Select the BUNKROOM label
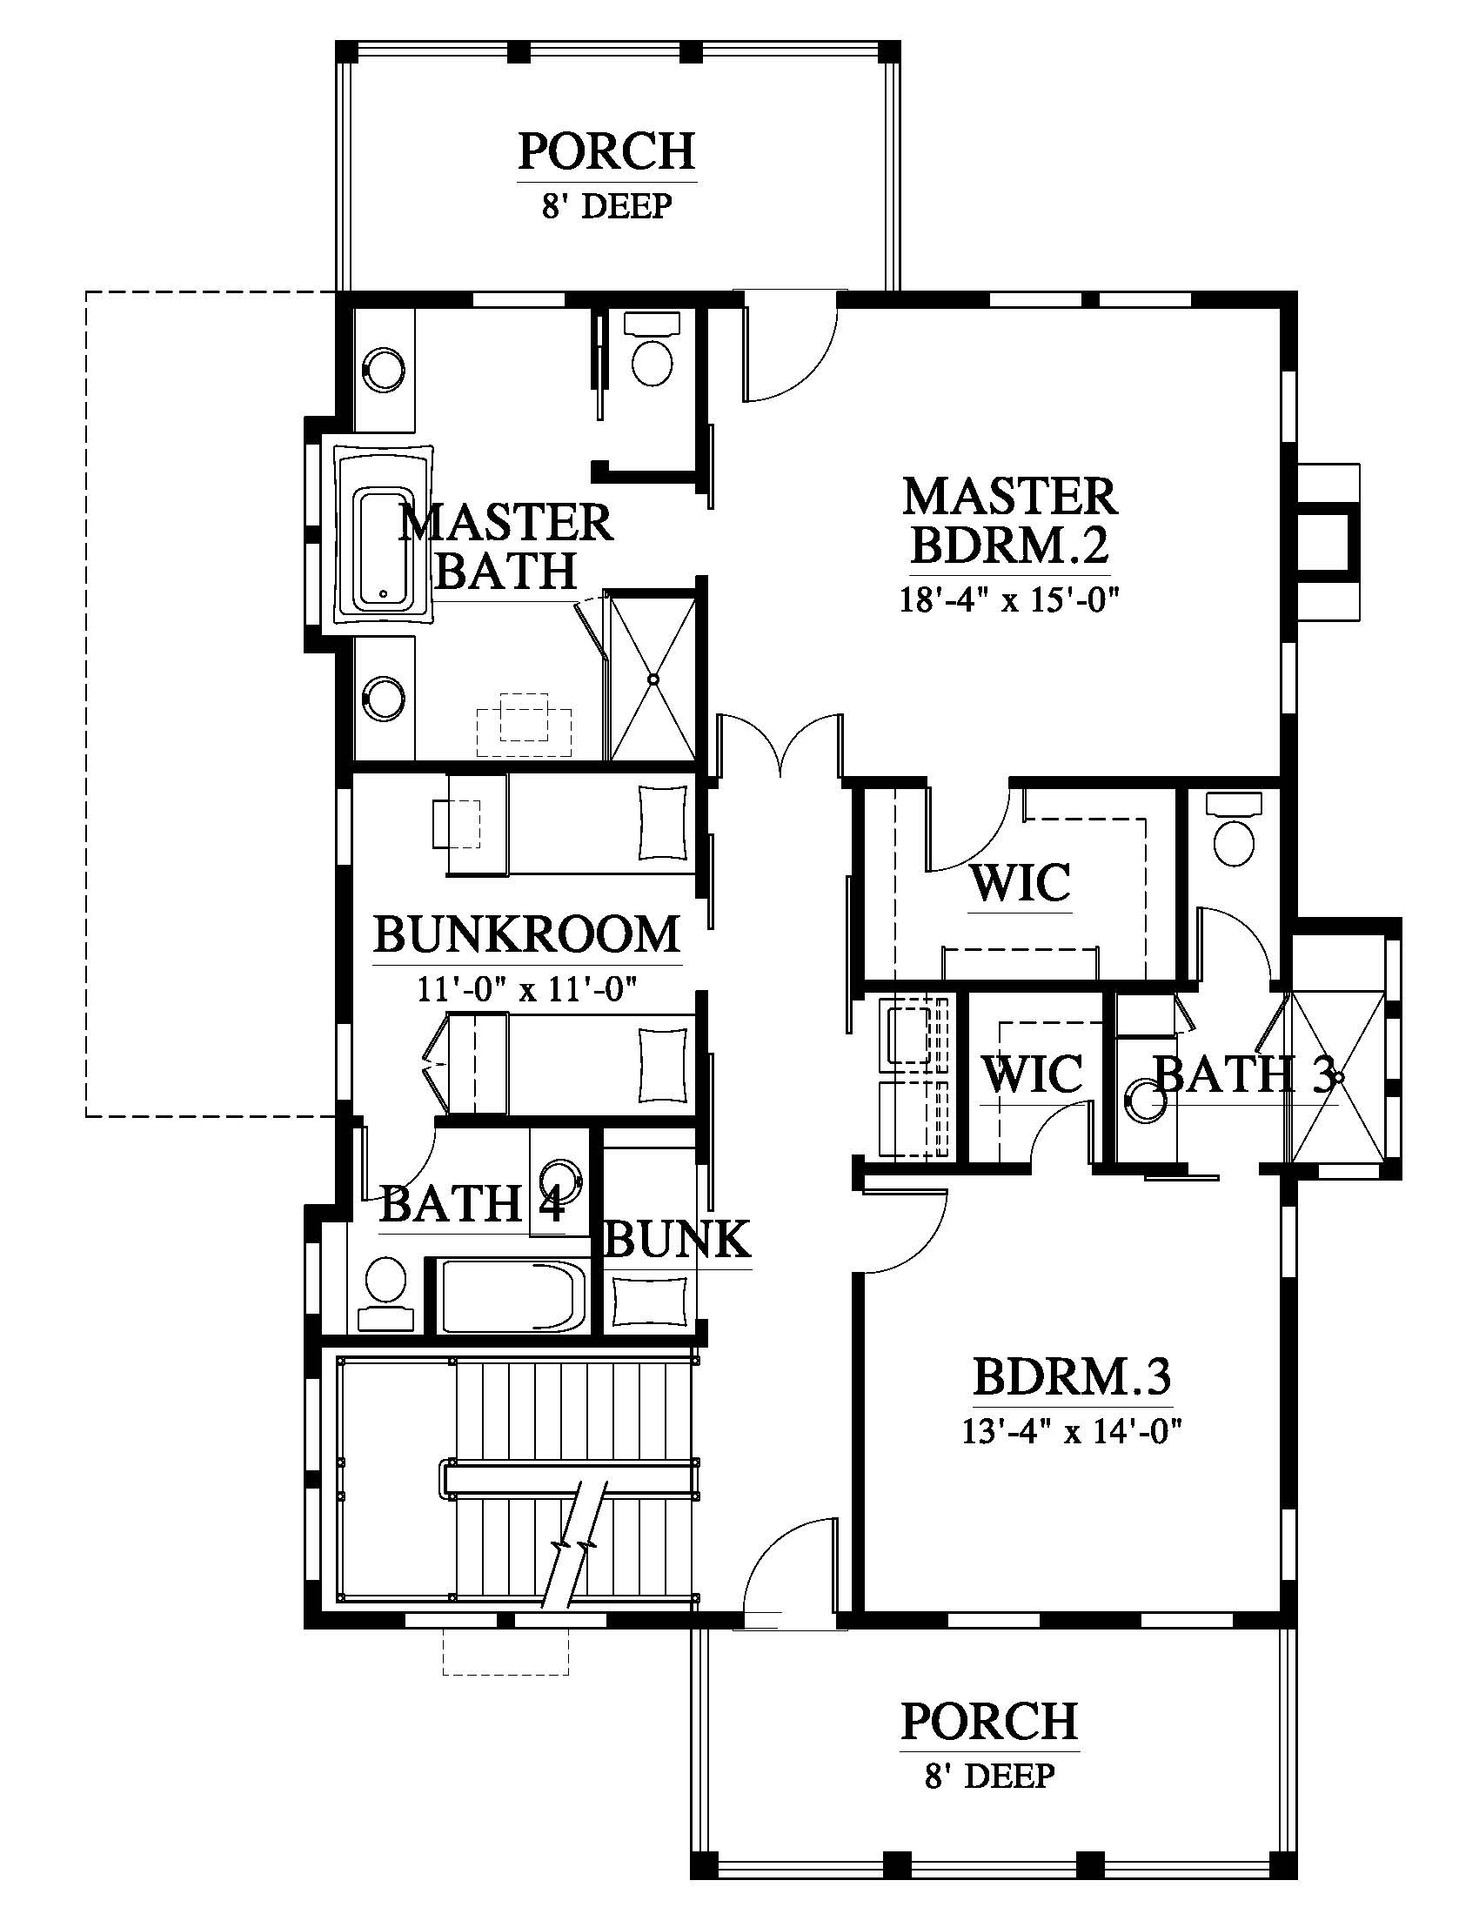pos(527,934)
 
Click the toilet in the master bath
pos(652,347)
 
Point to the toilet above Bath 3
pos(1234,827)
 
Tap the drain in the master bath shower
pos(653,679)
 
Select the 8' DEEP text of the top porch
pos(607,207)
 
